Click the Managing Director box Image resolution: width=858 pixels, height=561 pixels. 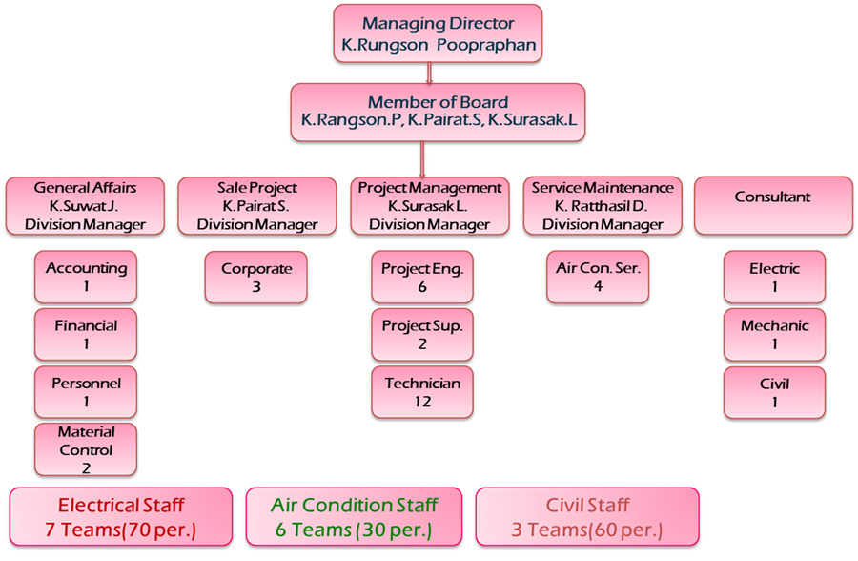[x=438, y=33]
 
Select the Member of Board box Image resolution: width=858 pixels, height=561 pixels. [x=438, y=113]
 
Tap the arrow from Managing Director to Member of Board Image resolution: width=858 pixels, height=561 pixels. [x=430, y=73]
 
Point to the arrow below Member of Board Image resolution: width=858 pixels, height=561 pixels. [x=422, y=159]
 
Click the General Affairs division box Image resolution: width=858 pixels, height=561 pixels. [x=85, y=206]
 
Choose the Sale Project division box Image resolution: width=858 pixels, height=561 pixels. [x=257, y=206]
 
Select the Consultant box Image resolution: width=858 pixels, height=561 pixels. [x=773, y=206]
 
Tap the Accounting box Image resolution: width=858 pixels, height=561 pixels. [x=86, y=278]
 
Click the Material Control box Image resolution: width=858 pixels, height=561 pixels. [x=86, y=449]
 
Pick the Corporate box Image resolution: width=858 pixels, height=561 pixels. [x=256, y=278]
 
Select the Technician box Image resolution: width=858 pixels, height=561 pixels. [x=422, y=392]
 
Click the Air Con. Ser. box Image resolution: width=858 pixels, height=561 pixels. [x=598, y=278]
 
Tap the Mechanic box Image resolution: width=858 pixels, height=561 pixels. [x=774, y=335]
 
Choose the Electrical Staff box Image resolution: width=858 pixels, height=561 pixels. [x=121, y=516]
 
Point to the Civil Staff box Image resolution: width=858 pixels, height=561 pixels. [x=587, y=516]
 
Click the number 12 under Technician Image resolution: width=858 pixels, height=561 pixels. [x=422, y=402]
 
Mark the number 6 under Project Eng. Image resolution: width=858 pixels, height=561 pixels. [x=422, y=287]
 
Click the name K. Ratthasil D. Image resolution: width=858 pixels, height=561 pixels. [x=601, y=206]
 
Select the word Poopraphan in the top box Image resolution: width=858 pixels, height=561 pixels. [x=486, y=45]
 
